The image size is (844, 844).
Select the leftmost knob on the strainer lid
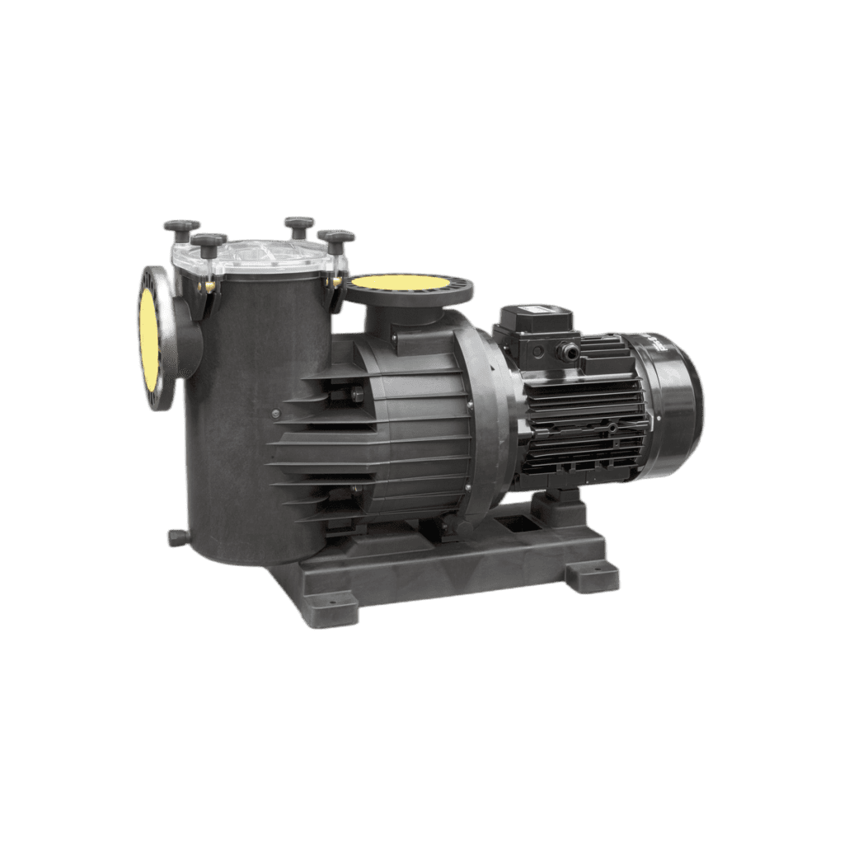[x=181, y=226]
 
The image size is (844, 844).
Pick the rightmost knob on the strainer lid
[x=335, y=239]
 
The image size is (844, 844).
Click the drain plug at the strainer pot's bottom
[x=175, y=537]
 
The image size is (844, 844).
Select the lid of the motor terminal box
[x=531, y=316]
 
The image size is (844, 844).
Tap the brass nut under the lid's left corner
[x=209, y=284]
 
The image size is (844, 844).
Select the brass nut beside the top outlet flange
[x=338, y=282]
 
